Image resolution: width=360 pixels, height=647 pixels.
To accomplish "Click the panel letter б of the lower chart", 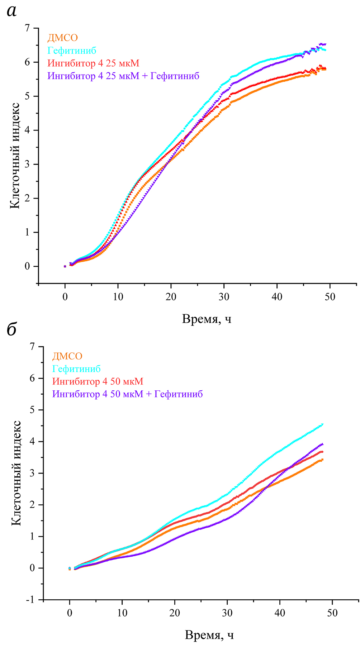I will [12, 329].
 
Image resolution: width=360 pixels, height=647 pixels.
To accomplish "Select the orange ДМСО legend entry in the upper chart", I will [62, 38].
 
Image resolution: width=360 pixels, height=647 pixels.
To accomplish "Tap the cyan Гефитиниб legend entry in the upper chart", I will [72, 51].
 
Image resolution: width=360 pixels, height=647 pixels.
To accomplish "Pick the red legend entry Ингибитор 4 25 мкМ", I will [93, 63].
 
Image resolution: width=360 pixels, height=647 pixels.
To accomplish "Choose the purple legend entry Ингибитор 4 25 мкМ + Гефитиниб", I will [123, 76].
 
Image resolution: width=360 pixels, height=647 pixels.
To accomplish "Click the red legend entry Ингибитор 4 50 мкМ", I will [98, 381].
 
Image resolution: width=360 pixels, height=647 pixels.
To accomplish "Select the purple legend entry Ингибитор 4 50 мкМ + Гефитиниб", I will [127, 394].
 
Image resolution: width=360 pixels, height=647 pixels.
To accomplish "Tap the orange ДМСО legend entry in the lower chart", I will [67, 356].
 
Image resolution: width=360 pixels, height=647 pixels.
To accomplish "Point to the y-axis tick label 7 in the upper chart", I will [27, 28].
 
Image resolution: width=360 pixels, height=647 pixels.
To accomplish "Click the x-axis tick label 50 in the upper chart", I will [330, 297].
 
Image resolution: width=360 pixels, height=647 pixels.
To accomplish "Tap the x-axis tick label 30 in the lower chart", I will [227, 613].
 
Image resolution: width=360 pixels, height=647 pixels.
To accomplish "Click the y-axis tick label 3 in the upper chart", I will [27, 164].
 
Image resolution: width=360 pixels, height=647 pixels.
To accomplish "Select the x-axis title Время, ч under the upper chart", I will [207, 319].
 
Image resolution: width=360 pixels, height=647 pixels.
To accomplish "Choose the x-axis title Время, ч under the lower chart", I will [209, 635].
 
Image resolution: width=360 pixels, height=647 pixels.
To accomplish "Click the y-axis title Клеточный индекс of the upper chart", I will [15, 155].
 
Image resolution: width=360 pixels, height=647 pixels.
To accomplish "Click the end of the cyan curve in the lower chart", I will [323, 424].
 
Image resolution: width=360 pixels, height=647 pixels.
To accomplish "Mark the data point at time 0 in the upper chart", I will [65, 266].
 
